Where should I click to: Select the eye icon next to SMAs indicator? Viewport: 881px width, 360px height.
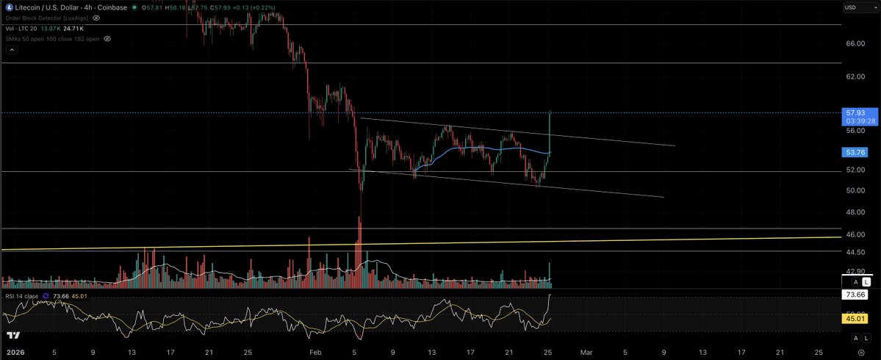pyautogui.click(x=108, y=38)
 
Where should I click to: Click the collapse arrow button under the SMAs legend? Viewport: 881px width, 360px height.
pyautogui.click(x=11, y=49)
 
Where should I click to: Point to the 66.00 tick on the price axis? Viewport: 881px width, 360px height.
pyautogui.click(x=855, y=43)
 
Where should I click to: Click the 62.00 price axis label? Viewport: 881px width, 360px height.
pyautogui.click(x=855, y=76)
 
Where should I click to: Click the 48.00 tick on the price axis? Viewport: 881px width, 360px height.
pyautogui.click(x=855, y=212)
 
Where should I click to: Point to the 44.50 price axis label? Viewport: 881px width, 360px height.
pyautogui.click(x=855, y=251)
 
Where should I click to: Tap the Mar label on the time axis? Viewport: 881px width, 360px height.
pyautogui.click(x=586, y=352)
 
